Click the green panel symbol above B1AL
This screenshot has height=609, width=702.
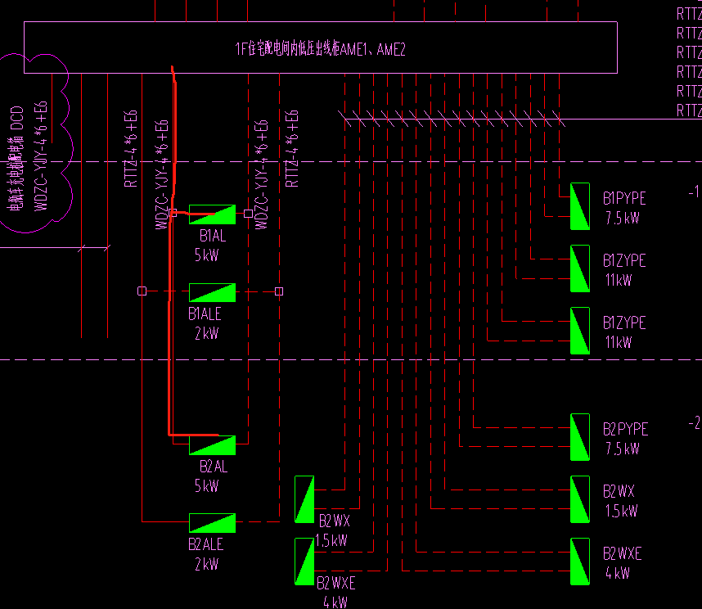[212, 214]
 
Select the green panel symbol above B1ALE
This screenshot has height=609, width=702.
[212, 292]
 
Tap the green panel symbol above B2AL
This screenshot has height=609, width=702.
[212, 444]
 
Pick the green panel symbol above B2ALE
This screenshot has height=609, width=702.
[212, 523]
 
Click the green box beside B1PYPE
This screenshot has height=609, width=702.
[580, 207]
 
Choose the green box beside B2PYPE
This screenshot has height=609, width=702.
[580, 437]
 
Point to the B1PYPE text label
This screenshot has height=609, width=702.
[624, 199]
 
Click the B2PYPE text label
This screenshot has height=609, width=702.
[625, 430]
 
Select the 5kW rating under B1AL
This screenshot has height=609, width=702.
[206, 255]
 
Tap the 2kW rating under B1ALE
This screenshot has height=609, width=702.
[206, 333]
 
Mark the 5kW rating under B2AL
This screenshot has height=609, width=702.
[206, 486]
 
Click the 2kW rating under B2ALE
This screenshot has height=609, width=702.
[206, 564]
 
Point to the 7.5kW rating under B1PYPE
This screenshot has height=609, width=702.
[622, 219]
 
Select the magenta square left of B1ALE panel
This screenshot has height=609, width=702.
[142, 291]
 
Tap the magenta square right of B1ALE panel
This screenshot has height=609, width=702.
[279, 291]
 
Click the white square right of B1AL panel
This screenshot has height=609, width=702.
[248, 214]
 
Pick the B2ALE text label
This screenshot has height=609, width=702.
[205, 544]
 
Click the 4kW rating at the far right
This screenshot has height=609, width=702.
[618, 574]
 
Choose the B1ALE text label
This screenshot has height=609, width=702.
[205, 314]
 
